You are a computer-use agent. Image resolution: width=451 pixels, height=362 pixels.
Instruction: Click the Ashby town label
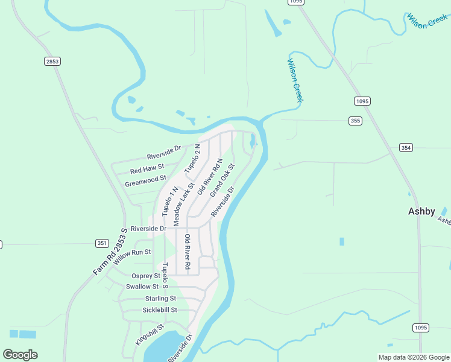pos(421,211)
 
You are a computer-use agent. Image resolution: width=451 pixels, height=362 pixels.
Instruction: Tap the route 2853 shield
pos(52,61)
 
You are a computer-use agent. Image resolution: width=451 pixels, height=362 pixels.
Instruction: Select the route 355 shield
pos(356,121)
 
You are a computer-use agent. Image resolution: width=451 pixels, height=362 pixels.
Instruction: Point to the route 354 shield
pos(406,147)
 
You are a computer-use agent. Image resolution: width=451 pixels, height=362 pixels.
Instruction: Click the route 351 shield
pos(102,243)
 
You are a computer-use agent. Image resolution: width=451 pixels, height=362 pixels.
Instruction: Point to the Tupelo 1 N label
pos(169,202)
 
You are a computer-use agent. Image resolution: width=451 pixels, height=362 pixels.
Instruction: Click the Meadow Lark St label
pos(183,205)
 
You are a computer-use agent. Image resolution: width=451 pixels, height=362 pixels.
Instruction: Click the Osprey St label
pos(145,276)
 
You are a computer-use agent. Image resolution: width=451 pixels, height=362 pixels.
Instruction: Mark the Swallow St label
pos(142,287)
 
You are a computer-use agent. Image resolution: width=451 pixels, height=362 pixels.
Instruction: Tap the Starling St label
pos(160,299)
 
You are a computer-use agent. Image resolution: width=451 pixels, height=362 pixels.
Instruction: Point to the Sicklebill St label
pos(160,310)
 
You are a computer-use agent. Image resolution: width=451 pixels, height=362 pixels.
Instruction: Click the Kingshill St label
pos(150,334)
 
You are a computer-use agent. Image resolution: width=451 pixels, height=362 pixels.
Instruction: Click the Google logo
pos(20,354)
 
